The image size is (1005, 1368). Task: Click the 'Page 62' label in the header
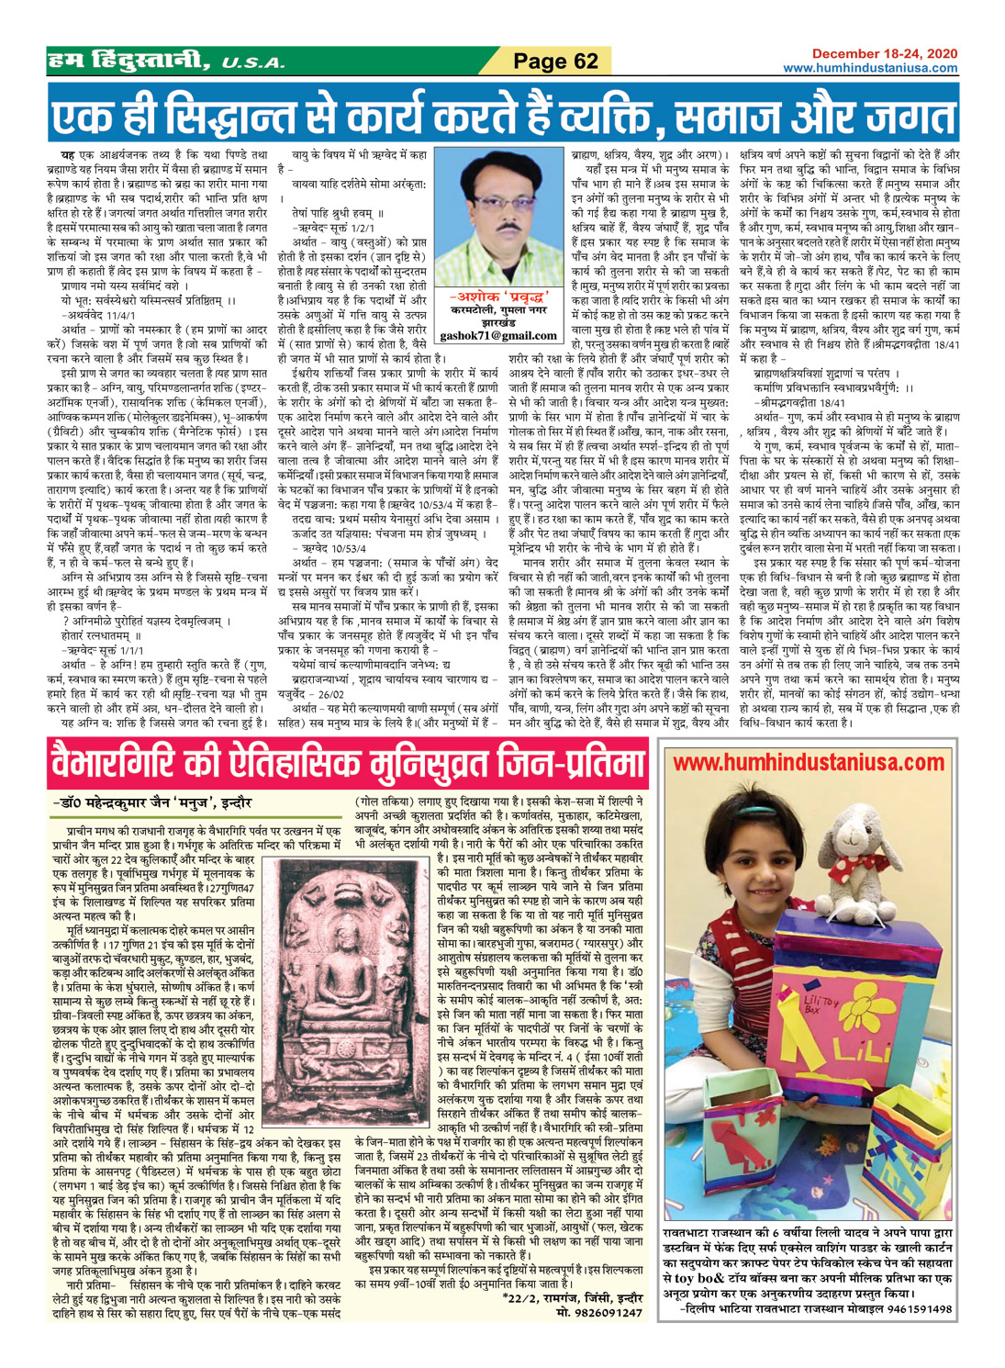click(555, 62)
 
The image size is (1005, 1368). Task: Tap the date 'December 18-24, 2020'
click(884, 54)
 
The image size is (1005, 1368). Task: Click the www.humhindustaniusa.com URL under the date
click(870, 68)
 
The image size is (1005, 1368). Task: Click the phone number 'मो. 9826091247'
click(599, 1312)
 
